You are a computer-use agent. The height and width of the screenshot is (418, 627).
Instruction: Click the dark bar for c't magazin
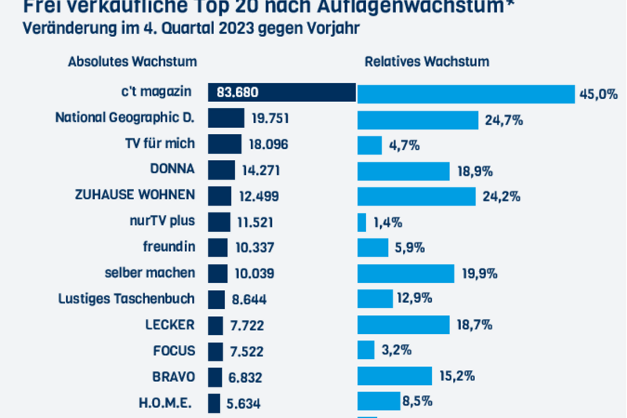click(282, 93)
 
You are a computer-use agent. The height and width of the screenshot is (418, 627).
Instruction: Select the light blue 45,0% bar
click(466, 94)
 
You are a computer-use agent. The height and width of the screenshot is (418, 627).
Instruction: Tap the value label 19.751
click(270, 120)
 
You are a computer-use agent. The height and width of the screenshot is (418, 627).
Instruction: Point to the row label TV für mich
click(160, 144)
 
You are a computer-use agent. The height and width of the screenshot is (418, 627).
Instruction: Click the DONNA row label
click(172, 169)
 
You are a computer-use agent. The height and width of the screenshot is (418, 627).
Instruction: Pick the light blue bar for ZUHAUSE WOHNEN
click(416, 195)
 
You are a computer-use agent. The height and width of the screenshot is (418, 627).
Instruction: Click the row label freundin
click(169, 246)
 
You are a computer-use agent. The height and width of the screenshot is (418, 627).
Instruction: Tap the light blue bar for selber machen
click(406, 273)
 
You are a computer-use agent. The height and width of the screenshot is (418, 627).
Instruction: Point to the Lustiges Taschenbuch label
click(126, 298)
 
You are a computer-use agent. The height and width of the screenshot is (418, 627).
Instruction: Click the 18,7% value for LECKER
click(477, 325)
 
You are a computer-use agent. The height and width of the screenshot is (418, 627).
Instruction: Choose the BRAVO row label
click(174, 376)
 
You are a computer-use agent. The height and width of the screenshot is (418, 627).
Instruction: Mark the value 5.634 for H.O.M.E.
click(244, 403)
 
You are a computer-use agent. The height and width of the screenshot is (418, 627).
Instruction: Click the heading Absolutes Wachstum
click(132, 62)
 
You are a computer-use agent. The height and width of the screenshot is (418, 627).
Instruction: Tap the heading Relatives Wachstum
click(426, 62)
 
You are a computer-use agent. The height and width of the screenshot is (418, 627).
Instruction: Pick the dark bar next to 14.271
click(221, 170)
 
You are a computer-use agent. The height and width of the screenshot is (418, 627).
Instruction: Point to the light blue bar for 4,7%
click(370, 145)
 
